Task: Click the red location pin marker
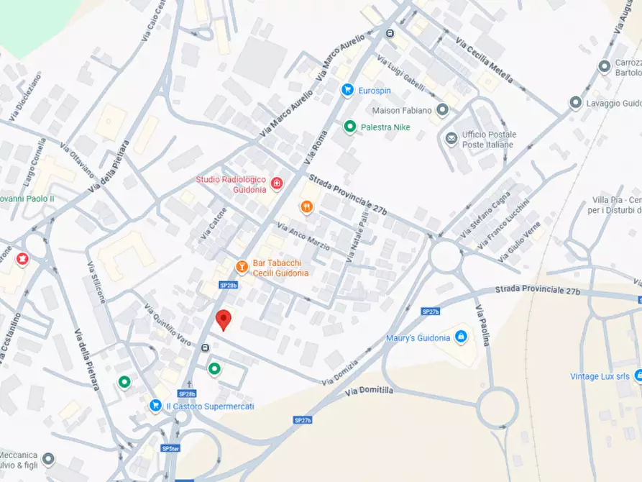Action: pos(224,319)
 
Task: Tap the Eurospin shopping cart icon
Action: pos(347,90)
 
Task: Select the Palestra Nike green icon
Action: pos(349,127)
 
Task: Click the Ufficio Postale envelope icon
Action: pos(451,139)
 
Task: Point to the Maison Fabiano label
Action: pos(402,111)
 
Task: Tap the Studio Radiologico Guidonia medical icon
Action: pos(275,189)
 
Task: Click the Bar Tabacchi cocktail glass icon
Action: pos(242,268)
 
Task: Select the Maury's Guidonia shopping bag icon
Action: pos(461,337)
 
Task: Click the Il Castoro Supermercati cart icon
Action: pos(155,406)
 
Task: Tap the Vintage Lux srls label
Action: pos(600,376)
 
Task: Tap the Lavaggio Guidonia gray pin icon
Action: pos(575,103)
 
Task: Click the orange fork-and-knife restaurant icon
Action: pos(307,207)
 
